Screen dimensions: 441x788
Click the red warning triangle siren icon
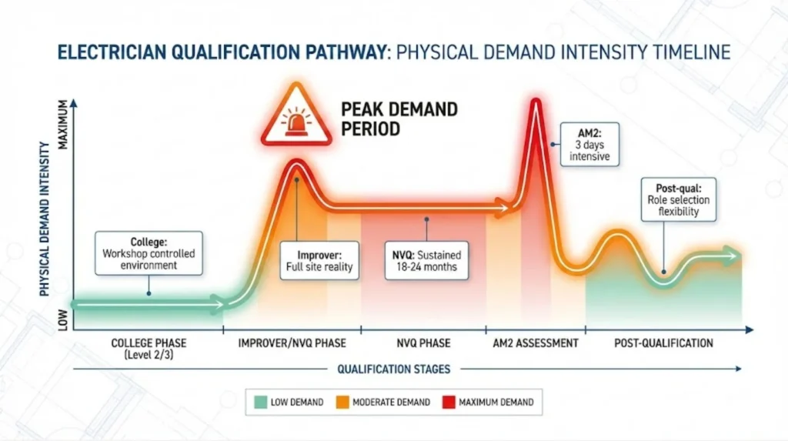pyautogui.click(x=295, y=118)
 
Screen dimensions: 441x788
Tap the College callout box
pyautogui.click(x=149, y=252)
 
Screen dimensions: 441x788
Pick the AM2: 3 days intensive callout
pyautogui.click(x=589, y=143)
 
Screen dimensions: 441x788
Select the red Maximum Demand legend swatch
pyautogui.click(x=446, y=402)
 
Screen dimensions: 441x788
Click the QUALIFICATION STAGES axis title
pyautogui.click(x=393, y=369)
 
